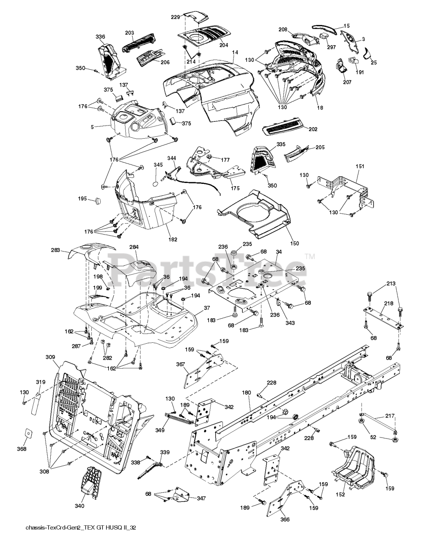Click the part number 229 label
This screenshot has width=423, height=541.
point(176,17)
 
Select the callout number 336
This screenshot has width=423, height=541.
point(100,37)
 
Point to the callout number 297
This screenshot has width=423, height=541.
point(331,47)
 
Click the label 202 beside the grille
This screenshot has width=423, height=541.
point(313,129)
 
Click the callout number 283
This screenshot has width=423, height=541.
point(55,250)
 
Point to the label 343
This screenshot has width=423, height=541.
point(290,323)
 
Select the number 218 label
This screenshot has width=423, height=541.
point(389,303)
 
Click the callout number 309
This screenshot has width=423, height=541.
point(50,357)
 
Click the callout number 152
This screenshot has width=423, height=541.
point(340,487)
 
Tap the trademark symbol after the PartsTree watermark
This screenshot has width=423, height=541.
point(310,256)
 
